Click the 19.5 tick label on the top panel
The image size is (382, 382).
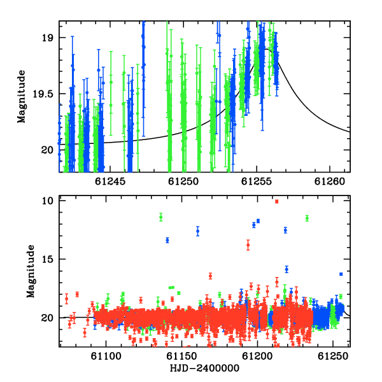(x=43, y=94)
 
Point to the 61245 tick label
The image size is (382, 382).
(x=110, y=181)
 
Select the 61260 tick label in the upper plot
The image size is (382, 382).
(x=330, y=181)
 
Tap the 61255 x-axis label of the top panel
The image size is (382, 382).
(x=257, y=181)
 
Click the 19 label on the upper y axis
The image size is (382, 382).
(x=46, y=38)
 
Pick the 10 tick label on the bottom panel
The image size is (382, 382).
(x=47, y=201)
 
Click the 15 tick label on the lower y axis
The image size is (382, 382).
(x=47, y=259)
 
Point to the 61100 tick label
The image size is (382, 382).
(x=106, y=356)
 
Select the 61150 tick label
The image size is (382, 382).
(x=181, y=356)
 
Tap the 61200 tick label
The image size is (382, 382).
(x=257, y=356)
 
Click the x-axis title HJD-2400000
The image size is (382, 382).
(x=204, y=368)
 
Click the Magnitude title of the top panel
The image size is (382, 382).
(x=22, y=97)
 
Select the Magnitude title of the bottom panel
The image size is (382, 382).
(x=31, y=271)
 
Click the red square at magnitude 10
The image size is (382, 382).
(x=276, y=201)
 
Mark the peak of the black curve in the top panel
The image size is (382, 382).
(x=267, y=49)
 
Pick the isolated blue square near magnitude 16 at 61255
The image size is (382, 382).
(x=341, y=274)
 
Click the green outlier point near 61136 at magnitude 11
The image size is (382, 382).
(x=161, y=217)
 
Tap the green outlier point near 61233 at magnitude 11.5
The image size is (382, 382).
(x=307, y=218)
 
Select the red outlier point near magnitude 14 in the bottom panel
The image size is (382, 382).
(x=248, y=245)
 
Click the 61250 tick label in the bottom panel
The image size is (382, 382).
(x=332, y=356)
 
